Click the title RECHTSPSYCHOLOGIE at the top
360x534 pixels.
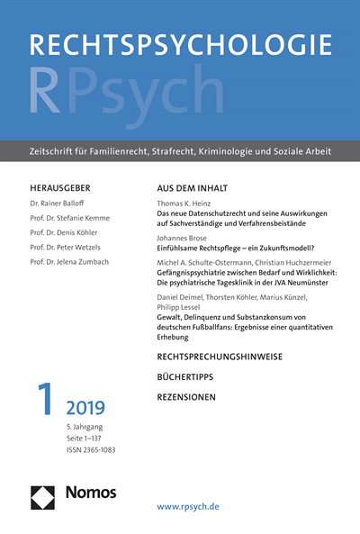click(180, 44)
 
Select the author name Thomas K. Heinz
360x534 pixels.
click(192, 205)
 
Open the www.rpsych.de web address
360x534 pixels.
click(200, 508)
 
